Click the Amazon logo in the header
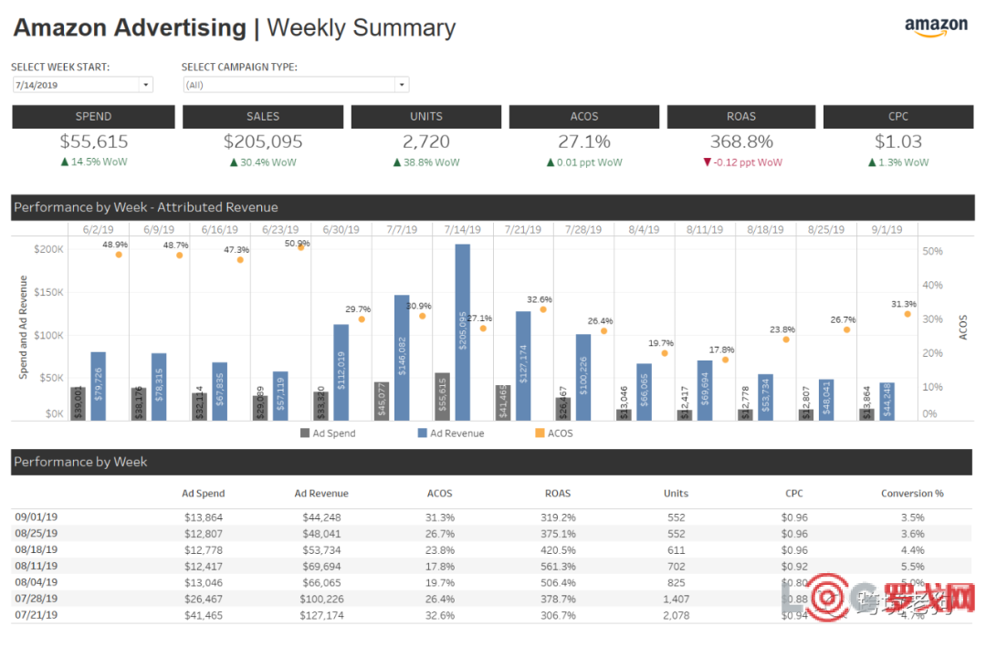(936, 26)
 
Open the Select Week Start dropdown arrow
(145, 85)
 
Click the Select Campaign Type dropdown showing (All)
(295, 85)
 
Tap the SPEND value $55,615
(94, 141)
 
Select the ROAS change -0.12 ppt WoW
(742, 162)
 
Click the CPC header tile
(897, 116)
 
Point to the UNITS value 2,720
(425, 141)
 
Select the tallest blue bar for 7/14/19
(463, 332)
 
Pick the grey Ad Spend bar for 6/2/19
(78, 403)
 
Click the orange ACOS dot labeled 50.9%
(301, 246)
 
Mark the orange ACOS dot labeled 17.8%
(725, 360)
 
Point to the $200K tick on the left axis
(47, 249)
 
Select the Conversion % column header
(912, 494)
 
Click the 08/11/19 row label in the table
(36, 566)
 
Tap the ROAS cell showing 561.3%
(557, 566)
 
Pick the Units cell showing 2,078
(676, 616)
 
